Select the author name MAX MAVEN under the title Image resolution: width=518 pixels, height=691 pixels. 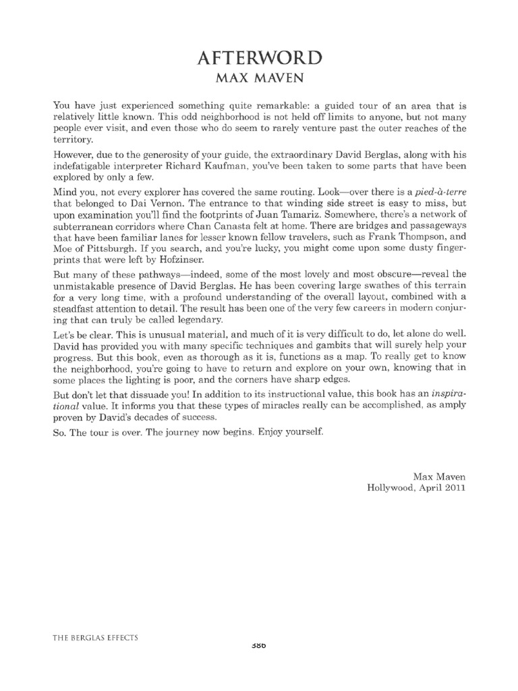259,80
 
